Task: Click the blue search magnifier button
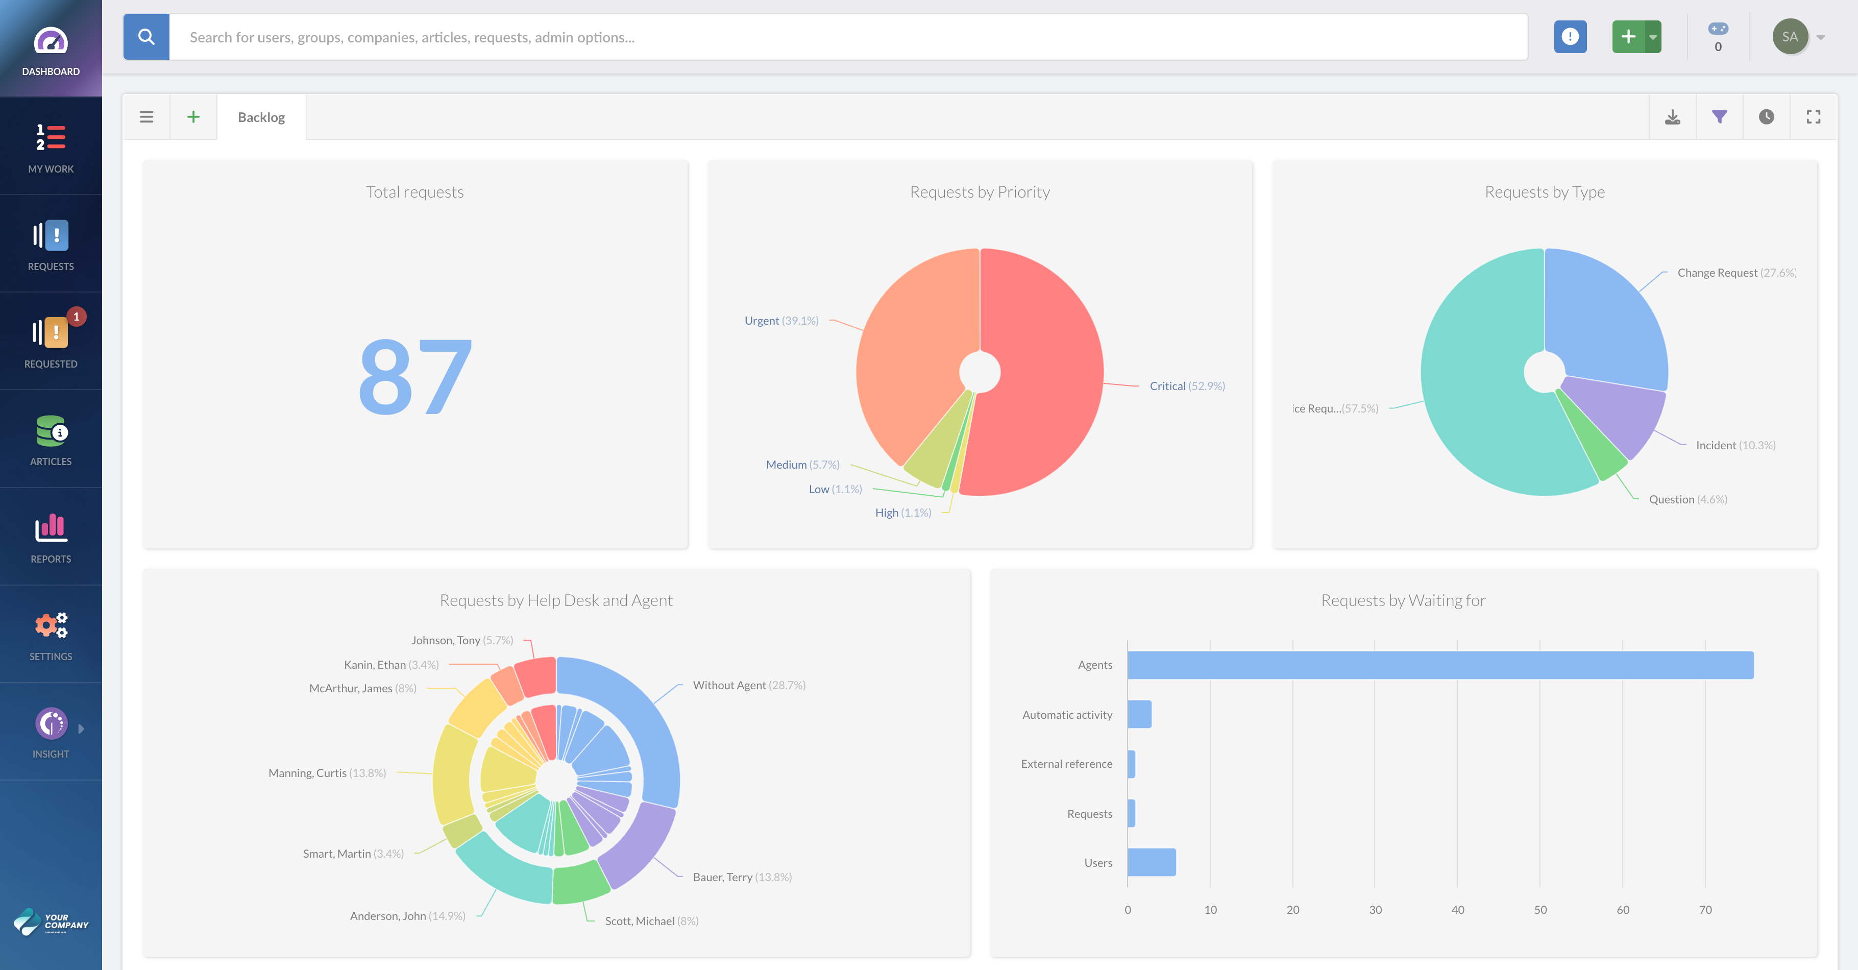tap(146, 37)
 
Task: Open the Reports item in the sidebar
tap(51, 537)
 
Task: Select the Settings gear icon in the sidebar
tap(51, 625)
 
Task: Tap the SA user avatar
tap(1790, 37)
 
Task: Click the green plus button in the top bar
tap(1628, 37)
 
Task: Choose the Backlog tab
tap(261, 117)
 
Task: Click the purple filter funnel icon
tap(1720, 117)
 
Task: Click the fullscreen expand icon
tap(1813, 117)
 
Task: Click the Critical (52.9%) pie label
tap(1186, 386)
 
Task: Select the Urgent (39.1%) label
tap(781, 320)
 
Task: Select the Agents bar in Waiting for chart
tap(1439, 665)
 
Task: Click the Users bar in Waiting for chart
tap(1151, 863)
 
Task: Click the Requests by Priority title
tap(980, 192)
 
